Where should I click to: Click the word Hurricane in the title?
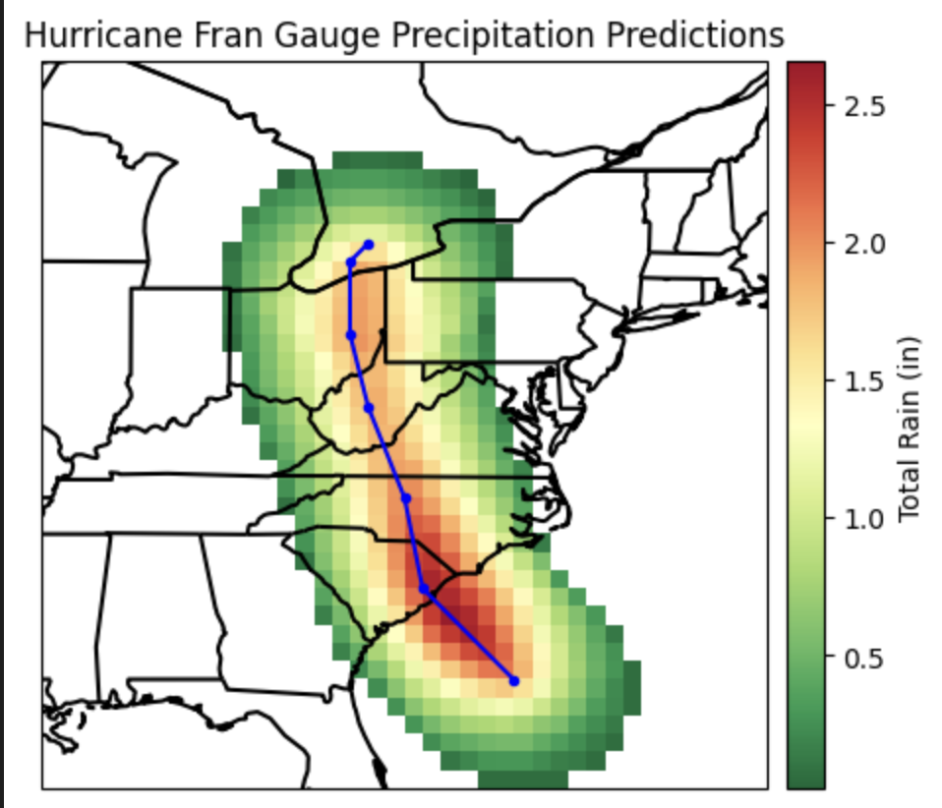86,35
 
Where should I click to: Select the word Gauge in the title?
276,35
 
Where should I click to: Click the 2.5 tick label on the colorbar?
866,105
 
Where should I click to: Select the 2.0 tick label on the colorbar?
866,243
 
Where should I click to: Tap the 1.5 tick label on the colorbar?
866,381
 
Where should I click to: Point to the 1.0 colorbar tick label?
866,519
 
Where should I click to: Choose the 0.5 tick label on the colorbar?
866,657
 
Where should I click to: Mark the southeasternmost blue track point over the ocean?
513,680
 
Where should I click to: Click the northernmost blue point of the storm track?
368,244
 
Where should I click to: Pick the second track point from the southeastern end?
424,589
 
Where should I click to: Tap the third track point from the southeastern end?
406,498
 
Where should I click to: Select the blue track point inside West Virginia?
369,407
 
